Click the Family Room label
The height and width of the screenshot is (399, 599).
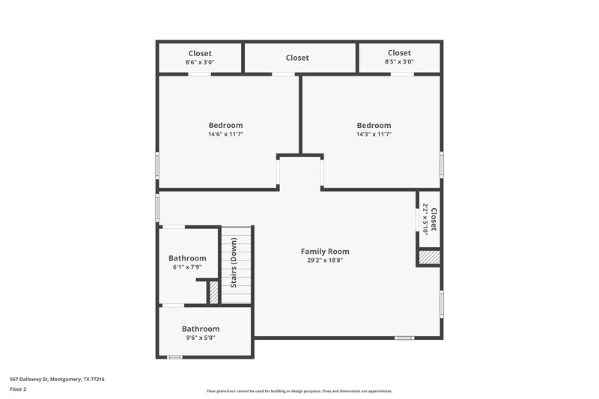pyautogui.click(x=325, y=252)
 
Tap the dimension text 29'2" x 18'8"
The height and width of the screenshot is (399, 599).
pyautogui.click(x=325, y=261)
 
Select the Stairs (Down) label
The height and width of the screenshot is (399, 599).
pyautogui.click(x=234, y=263)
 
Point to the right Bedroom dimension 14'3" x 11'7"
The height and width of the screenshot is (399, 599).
pyautogui.click(x=374, y=135)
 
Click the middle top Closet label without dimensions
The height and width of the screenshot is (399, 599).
pyautogui.click(x=297, y=58)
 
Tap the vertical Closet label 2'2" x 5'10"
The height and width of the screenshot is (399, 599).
pyautogui.click(x=429, y=219)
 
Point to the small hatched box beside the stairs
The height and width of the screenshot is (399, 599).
pyautogui.click(x=213, y=292)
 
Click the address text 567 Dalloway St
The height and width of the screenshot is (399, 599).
pyautogui.click(x=57, y=379)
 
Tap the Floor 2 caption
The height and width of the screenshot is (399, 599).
pyautogui.click(x=19, y=389)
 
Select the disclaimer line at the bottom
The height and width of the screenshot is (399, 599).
pyautogui.click(x=299, y=391)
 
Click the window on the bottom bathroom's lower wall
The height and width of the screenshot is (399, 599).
pyautogui.click(x=174, y=357)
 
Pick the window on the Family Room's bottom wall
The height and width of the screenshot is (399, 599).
pyautogui.click(x=404, y=338)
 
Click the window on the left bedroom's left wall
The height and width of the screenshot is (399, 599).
pyautogui.click(x=157, y=165)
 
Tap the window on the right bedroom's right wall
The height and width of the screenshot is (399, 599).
pyautogui.click(x=442, y=164)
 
